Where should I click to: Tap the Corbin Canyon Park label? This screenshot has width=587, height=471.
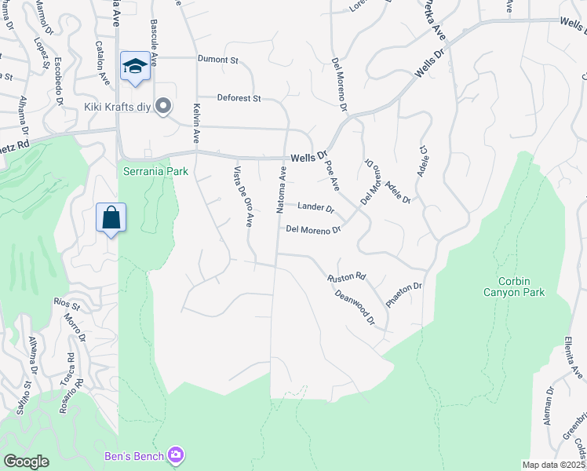[x=521, y=287]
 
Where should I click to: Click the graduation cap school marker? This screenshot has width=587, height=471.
[x=135, y=66]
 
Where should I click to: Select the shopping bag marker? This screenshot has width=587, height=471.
[x=111, y=217]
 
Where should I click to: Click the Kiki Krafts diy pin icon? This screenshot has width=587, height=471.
[x=163, y=105]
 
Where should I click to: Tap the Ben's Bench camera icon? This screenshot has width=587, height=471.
[x=176, y=455]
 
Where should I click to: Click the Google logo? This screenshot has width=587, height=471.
[x=26, y=462]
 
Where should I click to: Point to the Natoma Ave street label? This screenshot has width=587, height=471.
[x=279, y=188]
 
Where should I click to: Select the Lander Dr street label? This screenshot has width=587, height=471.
[x=316, y=208]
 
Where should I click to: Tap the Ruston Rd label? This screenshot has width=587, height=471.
[x=347, y=277]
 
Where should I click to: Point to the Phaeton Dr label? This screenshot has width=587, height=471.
[x=404, y=295]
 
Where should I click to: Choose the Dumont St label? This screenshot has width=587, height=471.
[x=217, y=59]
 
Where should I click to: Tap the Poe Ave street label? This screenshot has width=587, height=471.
[x=332, y=174]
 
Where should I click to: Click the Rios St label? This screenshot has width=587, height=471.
[x=67, y=302]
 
